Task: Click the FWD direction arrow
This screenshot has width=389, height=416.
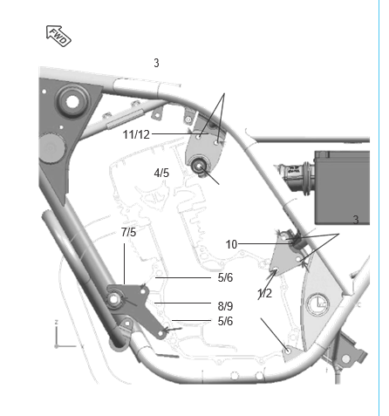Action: coord(58,36)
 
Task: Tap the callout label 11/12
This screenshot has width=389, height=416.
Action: coord(136,135)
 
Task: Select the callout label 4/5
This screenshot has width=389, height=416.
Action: coord(161,173)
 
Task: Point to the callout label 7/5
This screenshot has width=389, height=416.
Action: coord(128,232)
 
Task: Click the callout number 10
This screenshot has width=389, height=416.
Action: coord(231,244)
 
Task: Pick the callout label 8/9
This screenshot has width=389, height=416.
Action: coord(225,306)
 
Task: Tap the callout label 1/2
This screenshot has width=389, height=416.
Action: coord(264,293)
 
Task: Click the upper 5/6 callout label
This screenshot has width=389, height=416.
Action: coord(225,277)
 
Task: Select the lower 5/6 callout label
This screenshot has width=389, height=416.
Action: coord(225,321)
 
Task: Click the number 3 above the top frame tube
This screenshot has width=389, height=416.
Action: coord(156,63)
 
